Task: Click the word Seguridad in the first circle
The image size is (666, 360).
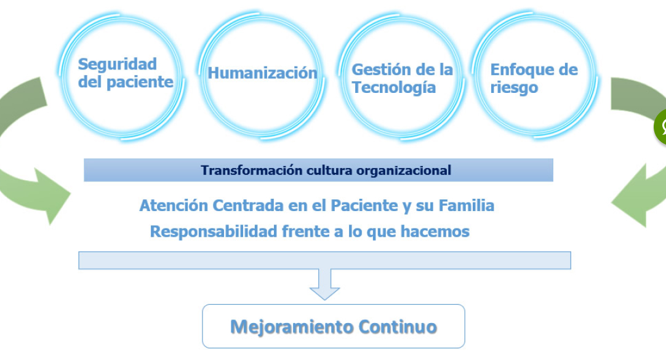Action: (118, 65)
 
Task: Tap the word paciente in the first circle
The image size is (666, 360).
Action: (140, 82)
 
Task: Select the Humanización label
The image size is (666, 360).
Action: (262, 73)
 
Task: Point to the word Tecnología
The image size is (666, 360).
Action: (394, 87)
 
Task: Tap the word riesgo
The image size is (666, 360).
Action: (514, 88)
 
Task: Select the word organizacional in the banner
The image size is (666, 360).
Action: (404, 170)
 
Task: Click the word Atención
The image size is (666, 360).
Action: (174, 206)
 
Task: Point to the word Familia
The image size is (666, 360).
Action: (467, 206)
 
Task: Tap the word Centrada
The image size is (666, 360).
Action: (248, 206)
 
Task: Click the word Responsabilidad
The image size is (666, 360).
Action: (214, 232)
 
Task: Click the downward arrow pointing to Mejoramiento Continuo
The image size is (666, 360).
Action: (324, 284)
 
